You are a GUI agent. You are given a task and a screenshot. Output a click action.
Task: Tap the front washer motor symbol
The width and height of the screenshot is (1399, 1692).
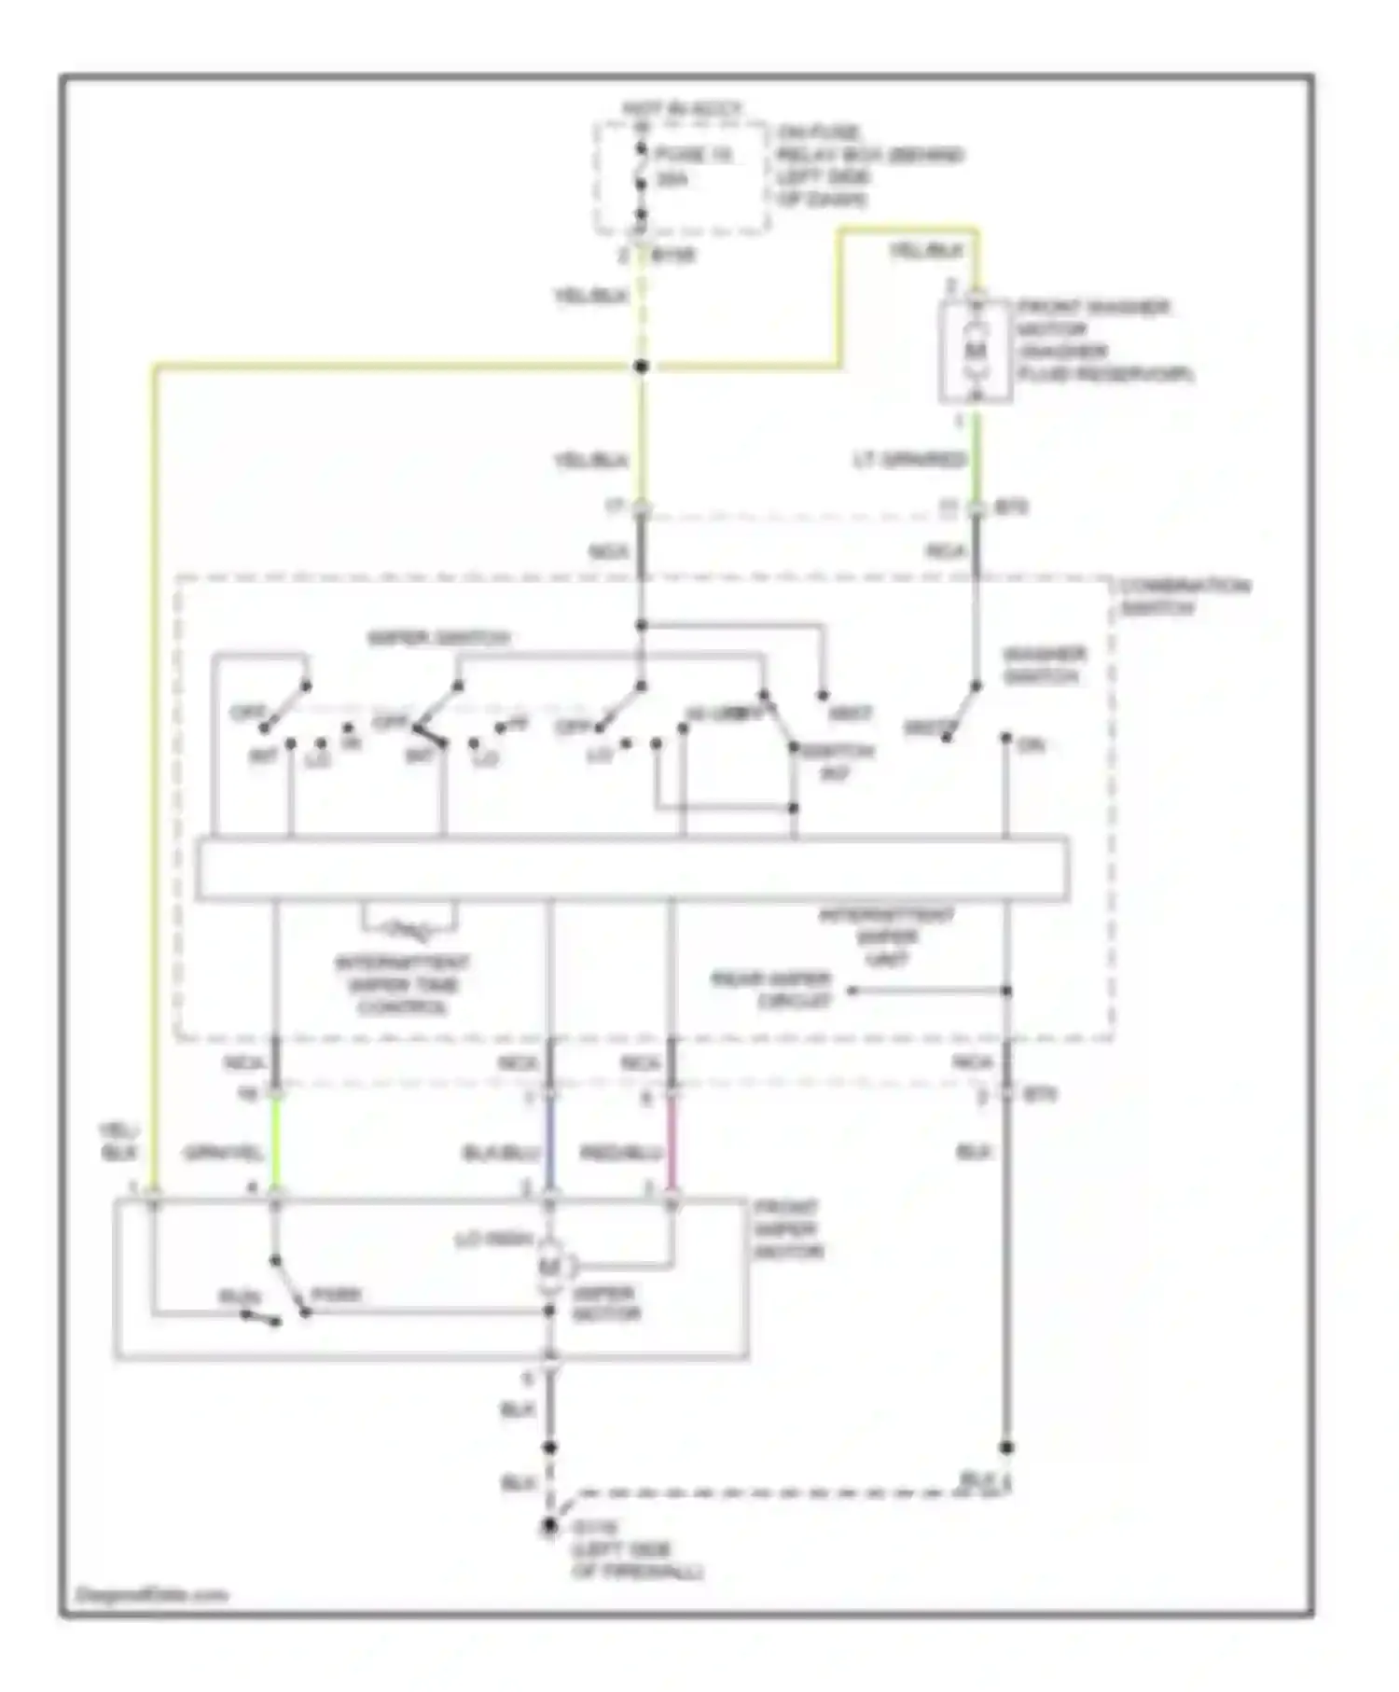(x=975, y=351)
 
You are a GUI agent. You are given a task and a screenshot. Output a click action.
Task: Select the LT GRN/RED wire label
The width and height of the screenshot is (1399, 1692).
(x=908, y=460)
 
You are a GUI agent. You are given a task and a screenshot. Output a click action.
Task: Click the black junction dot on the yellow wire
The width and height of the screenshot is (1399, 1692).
(x=641, y=367)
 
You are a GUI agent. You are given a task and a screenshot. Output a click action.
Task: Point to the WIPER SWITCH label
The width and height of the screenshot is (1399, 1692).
(x=438, y=639)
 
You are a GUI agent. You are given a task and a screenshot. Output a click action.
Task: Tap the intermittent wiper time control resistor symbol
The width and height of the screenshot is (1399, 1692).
(x=409, y=928)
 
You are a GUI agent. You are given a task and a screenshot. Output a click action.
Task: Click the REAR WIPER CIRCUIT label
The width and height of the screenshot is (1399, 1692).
(x=770, y=991)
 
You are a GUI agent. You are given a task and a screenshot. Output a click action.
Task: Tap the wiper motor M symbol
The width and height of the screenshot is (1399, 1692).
(x=550, y=1267)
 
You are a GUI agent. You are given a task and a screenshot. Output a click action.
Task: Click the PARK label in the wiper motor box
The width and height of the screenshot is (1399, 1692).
(x=336, y=1296)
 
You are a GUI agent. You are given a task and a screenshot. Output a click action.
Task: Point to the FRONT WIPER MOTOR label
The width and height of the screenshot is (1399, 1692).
(x=789, y=1229)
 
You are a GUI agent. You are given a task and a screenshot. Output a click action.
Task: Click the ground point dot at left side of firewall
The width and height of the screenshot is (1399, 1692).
(x=550, y=1527)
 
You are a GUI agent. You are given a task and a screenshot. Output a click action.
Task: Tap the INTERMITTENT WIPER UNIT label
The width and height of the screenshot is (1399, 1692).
(x=886, y=936)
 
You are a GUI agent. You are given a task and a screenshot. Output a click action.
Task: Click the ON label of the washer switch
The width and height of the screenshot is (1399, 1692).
(x=1032, y=745)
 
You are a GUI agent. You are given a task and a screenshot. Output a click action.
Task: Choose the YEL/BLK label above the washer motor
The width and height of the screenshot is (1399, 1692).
(x=926, y=251)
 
